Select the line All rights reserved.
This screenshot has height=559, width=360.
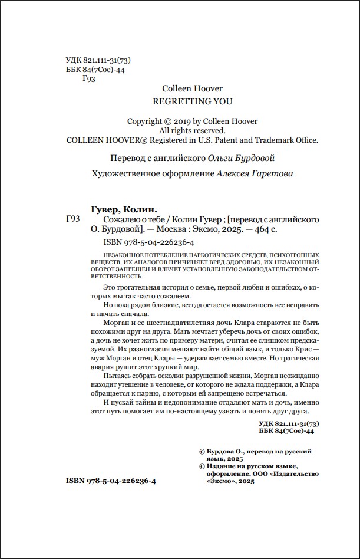click(x=193, y=130)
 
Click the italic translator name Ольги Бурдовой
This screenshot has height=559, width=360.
click(x=242, y=158)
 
